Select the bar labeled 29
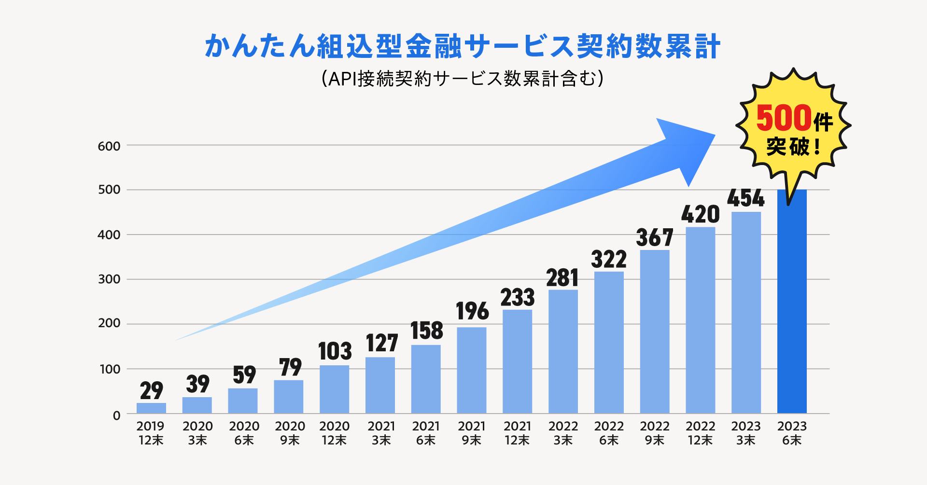(x=151, y=408)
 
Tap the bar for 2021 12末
(x=517, y=361)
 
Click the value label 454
(x=746, y=198)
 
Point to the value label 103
(x=335, y=351)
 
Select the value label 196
(x=472, y=311)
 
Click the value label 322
(x=609, y=260)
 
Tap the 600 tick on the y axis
(x=109, y=146)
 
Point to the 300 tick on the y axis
(x=109, y=279)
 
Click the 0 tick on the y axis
(x=116, y=416)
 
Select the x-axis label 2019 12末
(x=151, y=433)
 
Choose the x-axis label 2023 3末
(x=746, y=433)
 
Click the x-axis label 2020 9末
(x=290, y=433)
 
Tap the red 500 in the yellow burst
(x=783, y=118)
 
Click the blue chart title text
(x=463, y=47)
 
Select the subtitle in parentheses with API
(x=463, y=79)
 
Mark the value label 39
(x=197, y=384)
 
